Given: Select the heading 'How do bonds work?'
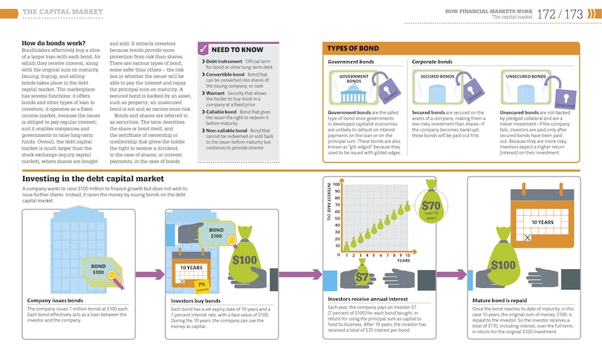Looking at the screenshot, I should (x=54, y=44).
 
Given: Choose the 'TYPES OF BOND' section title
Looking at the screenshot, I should (x=354, y=48).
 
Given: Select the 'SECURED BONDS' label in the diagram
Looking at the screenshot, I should (x=437, y=76).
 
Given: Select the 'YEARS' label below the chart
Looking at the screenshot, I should (x=403, y=260).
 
